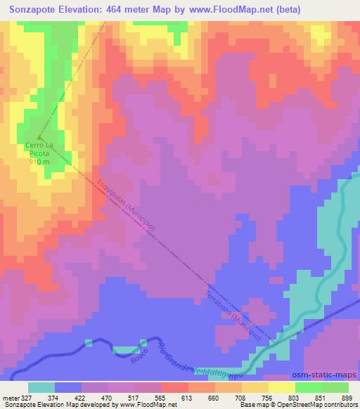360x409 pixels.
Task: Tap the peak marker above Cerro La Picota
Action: coord(39,136)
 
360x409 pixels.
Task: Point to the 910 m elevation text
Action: coord(39,162)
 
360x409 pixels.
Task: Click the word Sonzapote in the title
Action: coord(36,10)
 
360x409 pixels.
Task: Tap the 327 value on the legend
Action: coord(27,398)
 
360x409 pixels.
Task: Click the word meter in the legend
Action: coord(11,398)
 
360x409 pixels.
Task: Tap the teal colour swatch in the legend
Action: coord(41,387)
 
